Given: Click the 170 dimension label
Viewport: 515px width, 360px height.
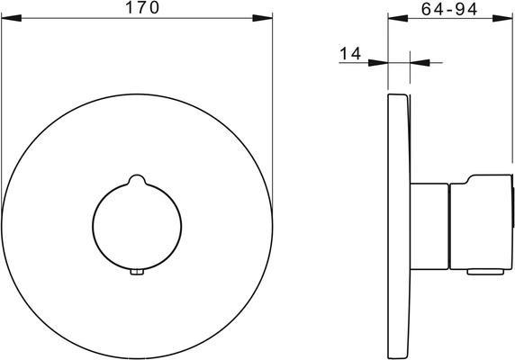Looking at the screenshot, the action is (142, 7).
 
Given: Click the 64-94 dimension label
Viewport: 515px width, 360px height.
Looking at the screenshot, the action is (449, 9).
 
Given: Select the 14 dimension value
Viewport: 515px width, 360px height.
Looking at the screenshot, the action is (350, 53).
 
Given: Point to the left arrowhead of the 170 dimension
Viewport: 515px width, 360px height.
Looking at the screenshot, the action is (12, 18).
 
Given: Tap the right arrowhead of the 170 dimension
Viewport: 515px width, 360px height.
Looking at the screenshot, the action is (262, 18).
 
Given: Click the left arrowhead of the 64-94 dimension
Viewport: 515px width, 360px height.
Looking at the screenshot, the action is (398, 18).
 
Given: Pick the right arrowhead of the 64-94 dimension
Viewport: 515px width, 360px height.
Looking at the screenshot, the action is (502, 18).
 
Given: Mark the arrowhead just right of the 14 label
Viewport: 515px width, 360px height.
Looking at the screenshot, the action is (378, 62).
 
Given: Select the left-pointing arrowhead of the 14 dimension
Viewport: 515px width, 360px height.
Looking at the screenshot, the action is (420, 62).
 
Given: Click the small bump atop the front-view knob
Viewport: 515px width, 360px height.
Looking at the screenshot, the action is (137, 179).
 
